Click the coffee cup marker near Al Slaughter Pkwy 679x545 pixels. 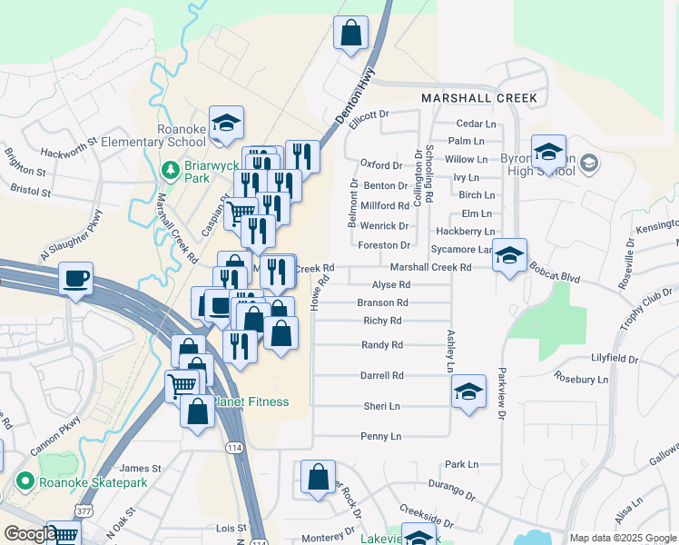pos(76,278)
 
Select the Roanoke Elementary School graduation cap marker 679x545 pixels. pos(226,124)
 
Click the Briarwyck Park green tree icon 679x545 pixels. pos(169,170)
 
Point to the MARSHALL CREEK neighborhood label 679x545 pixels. pos(479,98)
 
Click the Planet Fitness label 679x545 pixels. pos(251,402)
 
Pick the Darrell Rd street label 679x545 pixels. pos(381,375)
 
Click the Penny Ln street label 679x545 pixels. pos(381,437)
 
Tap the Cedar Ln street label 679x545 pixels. pos(477,124)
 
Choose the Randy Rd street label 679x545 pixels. pos(381,345)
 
